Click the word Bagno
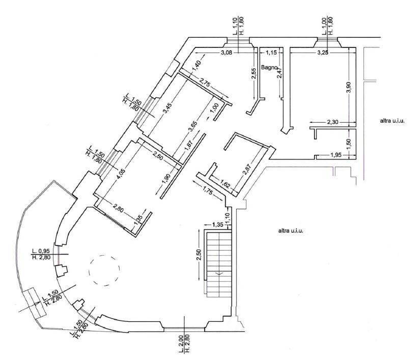click(x=269, y=68)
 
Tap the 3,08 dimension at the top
click(x=227, y=52)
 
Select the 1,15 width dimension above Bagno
click(x=271, y=52)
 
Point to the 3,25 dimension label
click(x=323, y=52)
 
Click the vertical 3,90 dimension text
click(x=349, y=88)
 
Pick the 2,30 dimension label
click(x=332, y=122)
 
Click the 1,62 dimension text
click(x=224, y=183)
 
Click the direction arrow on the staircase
click(x=219, y=273)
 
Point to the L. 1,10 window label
click(x=235, y=26)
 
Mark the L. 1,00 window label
click(x=324, y=26)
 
